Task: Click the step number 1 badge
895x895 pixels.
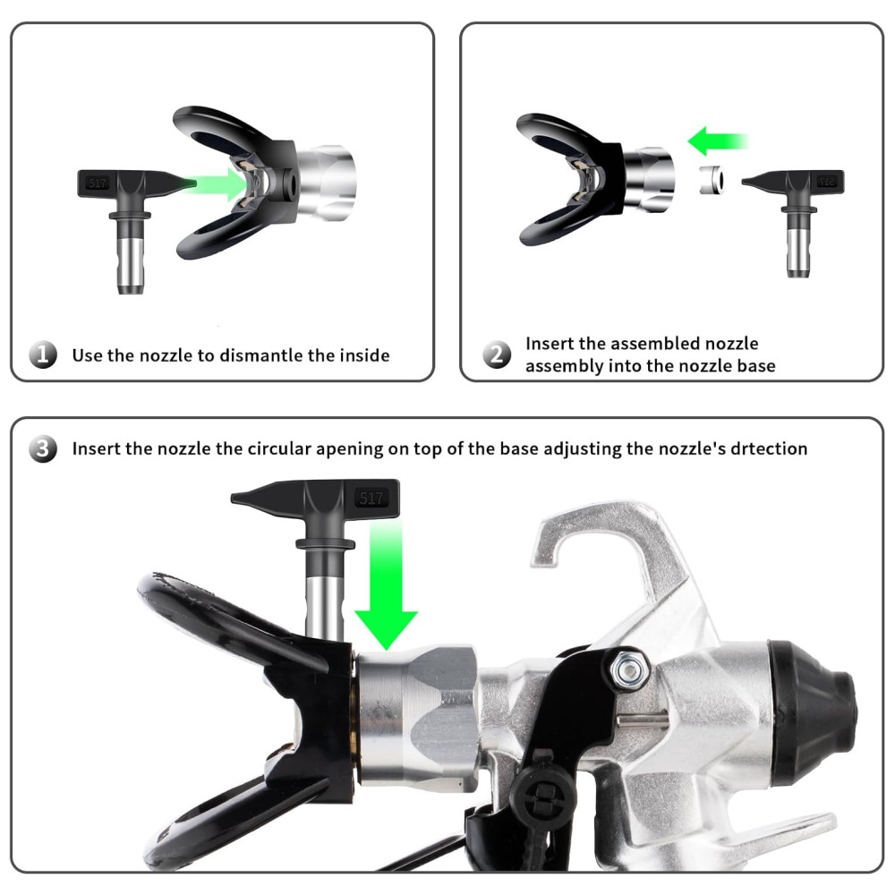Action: (43, 354)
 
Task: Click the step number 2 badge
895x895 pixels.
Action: (497, 354)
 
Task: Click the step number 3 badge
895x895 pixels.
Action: (43, 448)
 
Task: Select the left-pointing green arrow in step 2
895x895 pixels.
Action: (718, 141)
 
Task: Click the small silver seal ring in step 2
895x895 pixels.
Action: (712, 180)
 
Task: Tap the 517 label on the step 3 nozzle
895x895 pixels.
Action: (371, 499)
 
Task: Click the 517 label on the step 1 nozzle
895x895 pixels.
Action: (98, 183)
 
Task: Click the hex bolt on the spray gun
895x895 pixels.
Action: (629, 668)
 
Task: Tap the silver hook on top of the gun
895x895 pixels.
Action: (605, 548)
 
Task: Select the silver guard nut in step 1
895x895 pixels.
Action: (326, 182)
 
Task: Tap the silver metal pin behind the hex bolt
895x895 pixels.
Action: (642, 721)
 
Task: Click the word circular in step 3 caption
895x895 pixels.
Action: (279, 448)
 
